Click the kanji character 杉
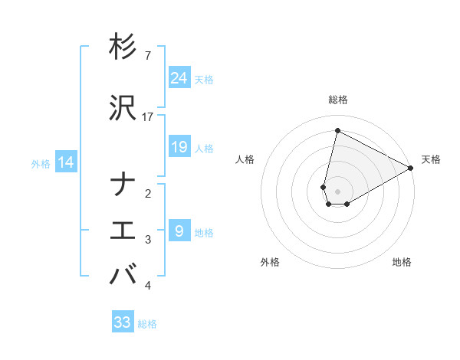[123, 47]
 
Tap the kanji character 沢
[123, 107]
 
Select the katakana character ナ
[123, 185]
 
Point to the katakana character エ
[123, 231]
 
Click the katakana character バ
[123, 274]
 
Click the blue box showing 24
[179, 78]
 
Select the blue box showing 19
[179, 147]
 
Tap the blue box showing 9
[179, 231]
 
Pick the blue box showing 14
[66, 162]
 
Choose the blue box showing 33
[123, 322]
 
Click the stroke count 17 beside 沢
[148, 116]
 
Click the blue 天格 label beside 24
[204, 79]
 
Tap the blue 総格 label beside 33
[147, 324]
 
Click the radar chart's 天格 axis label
[431, 159]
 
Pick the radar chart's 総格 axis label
[338, 100]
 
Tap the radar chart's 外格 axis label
[270, 262]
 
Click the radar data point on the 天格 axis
[411, 168]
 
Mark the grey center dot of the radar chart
[338, 191]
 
